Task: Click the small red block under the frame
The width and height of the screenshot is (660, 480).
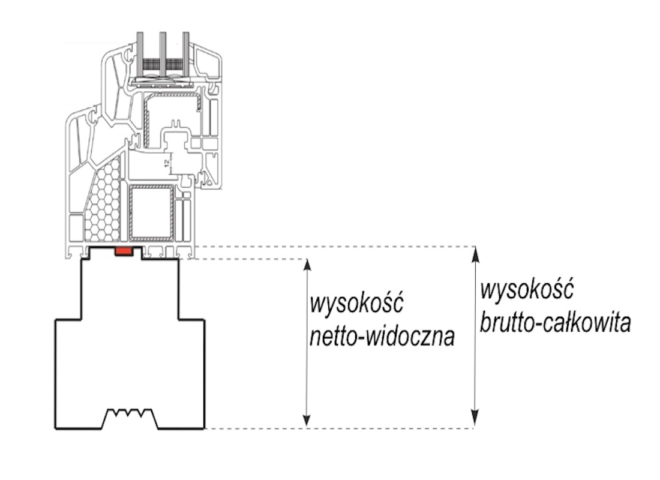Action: point(124,251)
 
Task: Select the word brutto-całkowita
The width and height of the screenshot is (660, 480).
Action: point(555,323)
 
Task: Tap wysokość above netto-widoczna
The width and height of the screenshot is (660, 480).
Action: point(356,303)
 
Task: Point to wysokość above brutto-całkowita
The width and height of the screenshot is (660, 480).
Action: point(527,290)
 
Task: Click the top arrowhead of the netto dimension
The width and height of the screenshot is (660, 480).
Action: point(307,265)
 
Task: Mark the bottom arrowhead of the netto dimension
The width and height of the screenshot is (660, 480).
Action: point(307,421)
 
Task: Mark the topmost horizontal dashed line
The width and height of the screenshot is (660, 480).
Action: point(335,247)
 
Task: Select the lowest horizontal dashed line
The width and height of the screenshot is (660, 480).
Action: point(340,428)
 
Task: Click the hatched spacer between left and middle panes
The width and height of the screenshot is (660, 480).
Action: point(152,64)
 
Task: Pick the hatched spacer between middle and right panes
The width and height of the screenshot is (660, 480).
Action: point(174,64)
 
